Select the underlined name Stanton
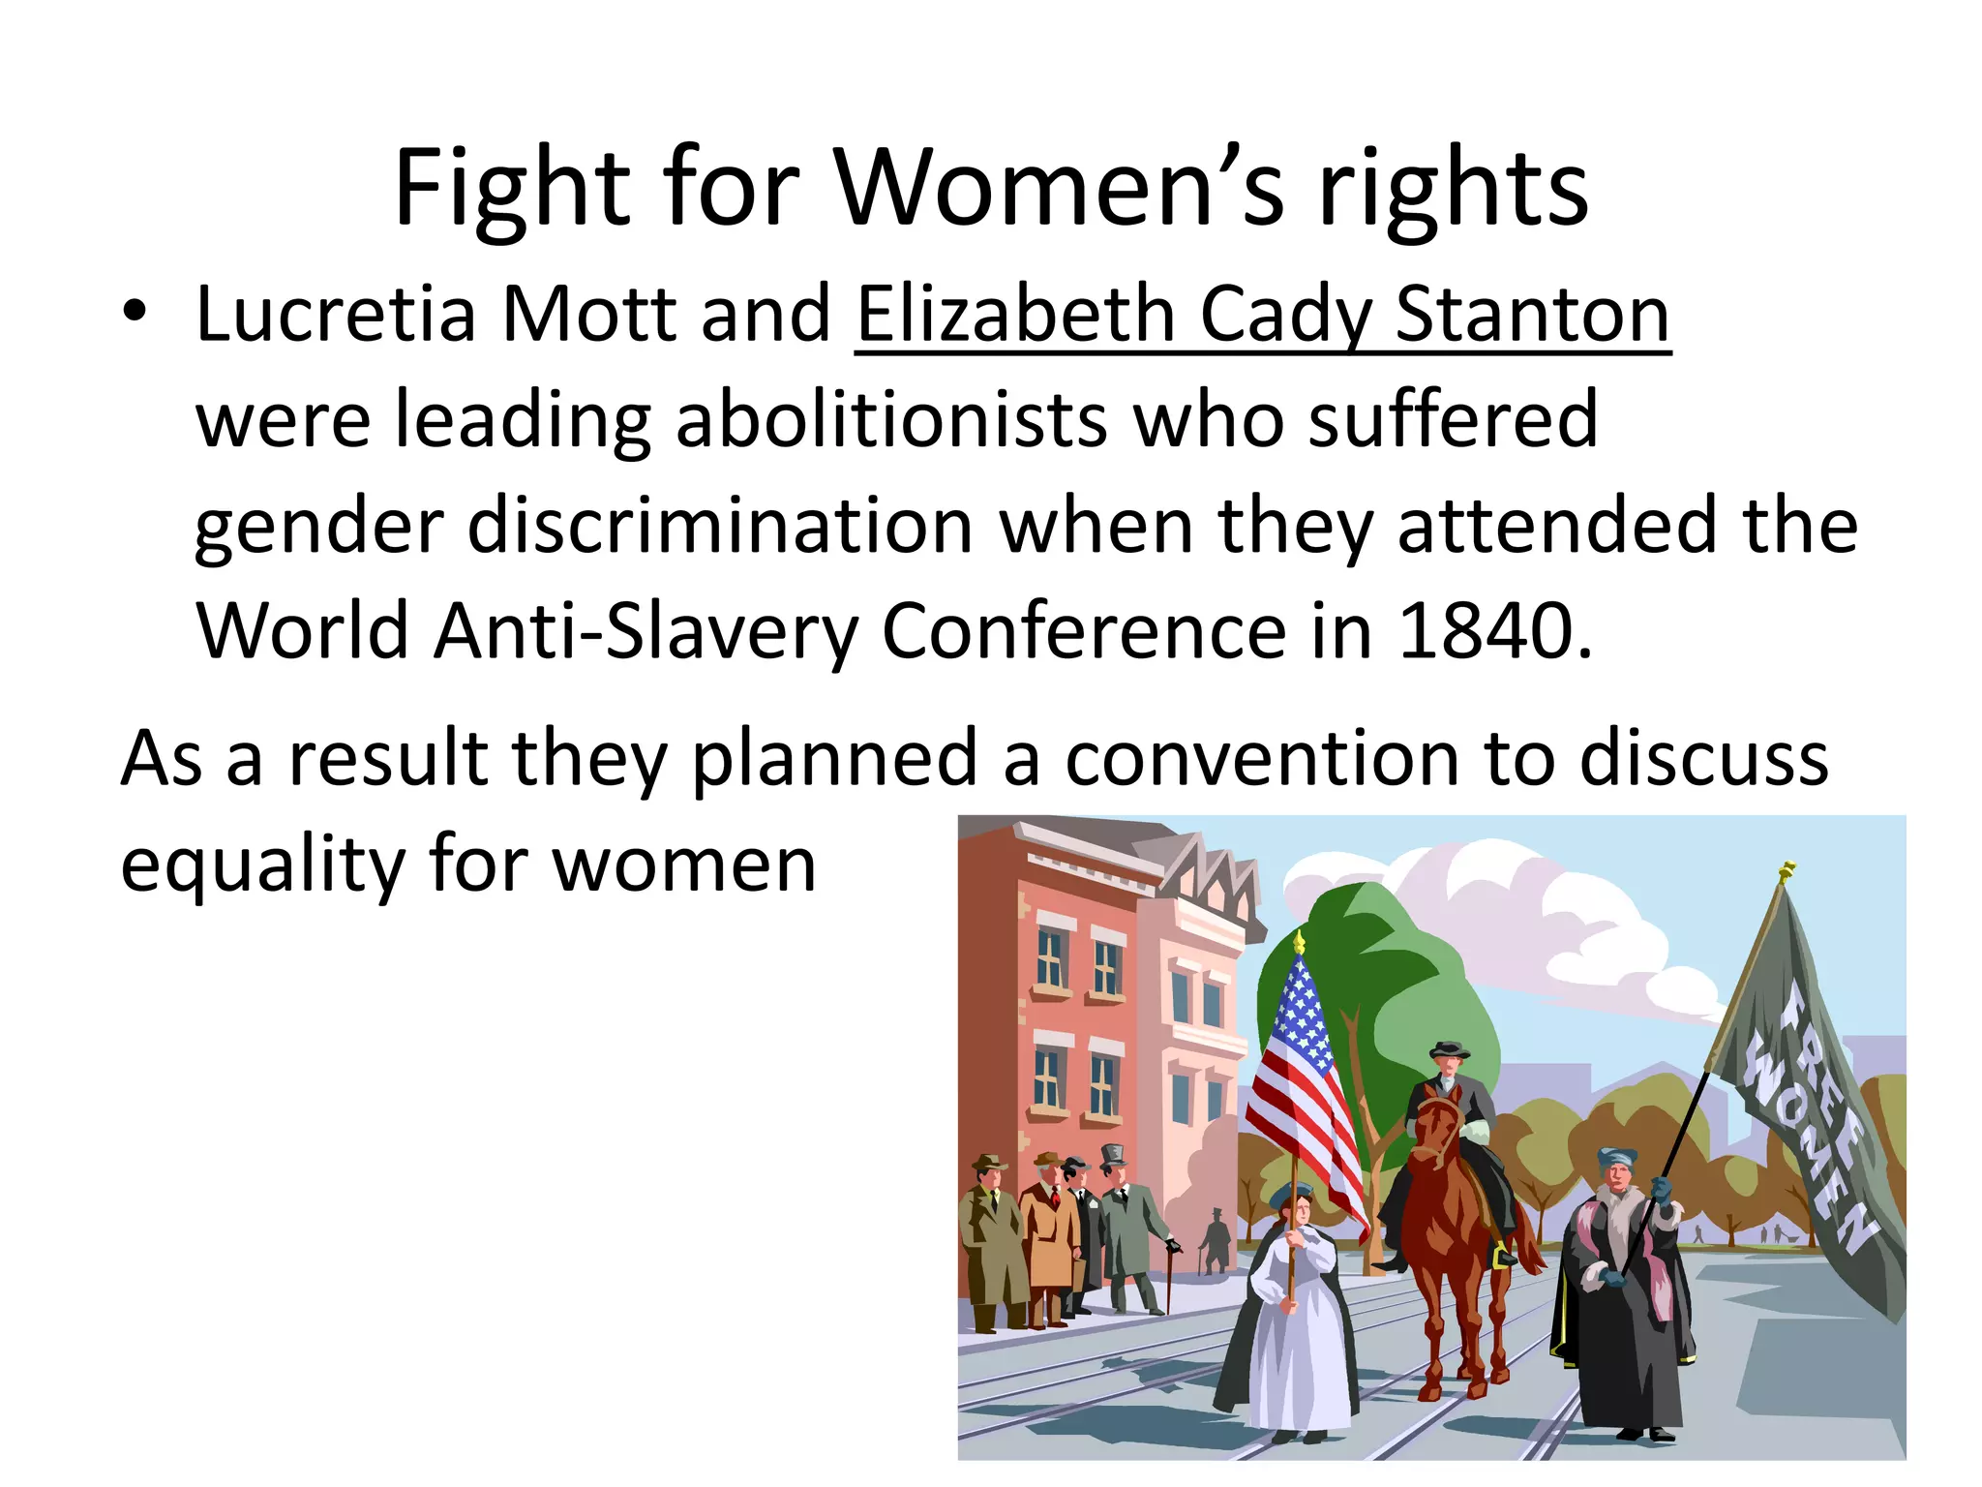[1533, 315]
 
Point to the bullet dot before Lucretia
[135, 313]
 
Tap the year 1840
[1494, 631]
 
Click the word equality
[262, 864]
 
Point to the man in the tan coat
[1049, 1239]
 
